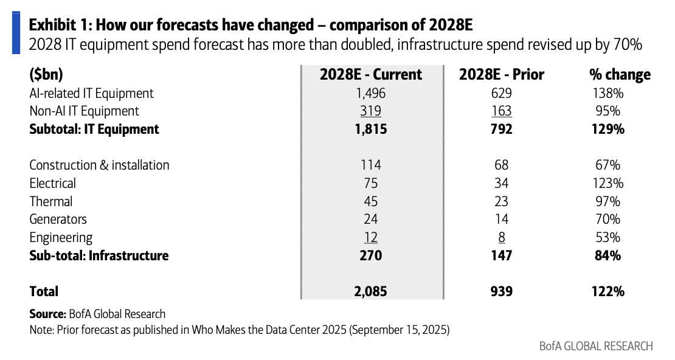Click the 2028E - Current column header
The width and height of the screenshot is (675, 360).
[371, 75]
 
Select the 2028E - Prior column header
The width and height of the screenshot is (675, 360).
[502, 75]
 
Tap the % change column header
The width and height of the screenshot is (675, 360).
[620, 75]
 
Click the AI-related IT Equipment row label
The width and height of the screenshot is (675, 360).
[91, 94]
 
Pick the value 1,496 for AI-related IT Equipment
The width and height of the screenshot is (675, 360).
[371, 94]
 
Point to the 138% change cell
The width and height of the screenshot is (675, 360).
[607, 94]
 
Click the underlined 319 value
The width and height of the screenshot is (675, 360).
[371, 111]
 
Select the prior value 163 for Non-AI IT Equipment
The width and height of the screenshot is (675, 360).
[502, 111]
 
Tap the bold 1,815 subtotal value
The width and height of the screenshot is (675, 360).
[371, 129]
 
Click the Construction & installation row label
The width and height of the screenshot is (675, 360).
[100, 165]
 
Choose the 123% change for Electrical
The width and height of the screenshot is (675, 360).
[607, 184]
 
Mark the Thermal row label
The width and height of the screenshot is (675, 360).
[51, 201]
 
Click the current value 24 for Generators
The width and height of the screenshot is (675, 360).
[371, 219]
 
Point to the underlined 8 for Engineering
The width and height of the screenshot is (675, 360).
[502, 238]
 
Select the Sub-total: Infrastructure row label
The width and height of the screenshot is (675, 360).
[99, 255]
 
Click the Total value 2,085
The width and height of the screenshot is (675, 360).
[371, 291]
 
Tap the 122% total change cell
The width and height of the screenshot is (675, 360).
[608, 291]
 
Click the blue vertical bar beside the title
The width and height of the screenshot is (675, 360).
[16, 33]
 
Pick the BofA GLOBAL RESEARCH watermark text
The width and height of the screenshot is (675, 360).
[596, 346]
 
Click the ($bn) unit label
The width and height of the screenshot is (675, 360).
[46, 75]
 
